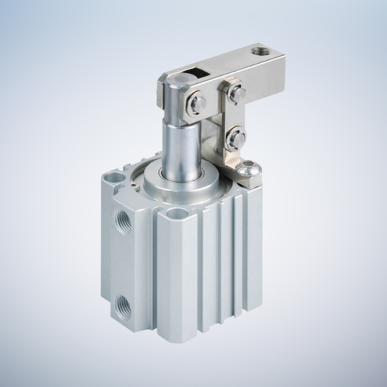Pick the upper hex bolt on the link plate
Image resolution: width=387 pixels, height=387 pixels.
click(235, 93)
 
